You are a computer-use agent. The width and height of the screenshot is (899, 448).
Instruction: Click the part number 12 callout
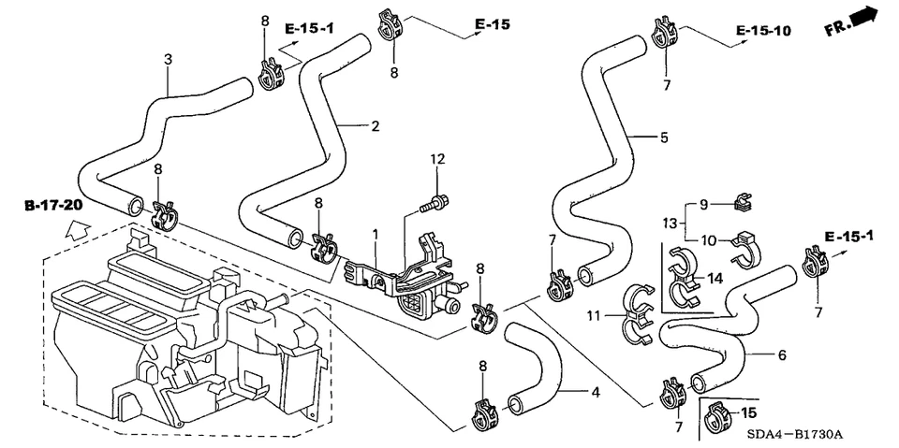(x=435, y=159)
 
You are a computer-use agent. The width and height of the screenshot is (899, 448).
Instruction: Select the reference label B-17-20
(x=53, y=204)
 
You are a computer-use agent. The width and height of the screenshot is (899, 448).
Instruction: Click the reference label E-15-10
(x=763, y=31)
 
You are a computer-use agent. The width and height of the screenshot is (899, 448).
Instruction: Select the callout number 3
(x=169, y=59)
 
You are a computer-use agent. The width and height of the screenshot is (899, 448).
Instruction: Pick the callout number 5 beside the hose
(x=663, y=137)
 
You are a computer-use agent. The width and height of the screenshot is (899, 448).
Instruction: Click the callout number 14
(x=715, y=278)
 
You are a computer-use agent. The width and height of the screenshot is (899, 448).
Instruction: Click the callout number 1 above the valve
(x=375, y=232)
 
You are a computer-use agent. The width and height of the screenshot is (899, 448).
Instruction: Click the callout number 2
(x=375, y=126)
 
